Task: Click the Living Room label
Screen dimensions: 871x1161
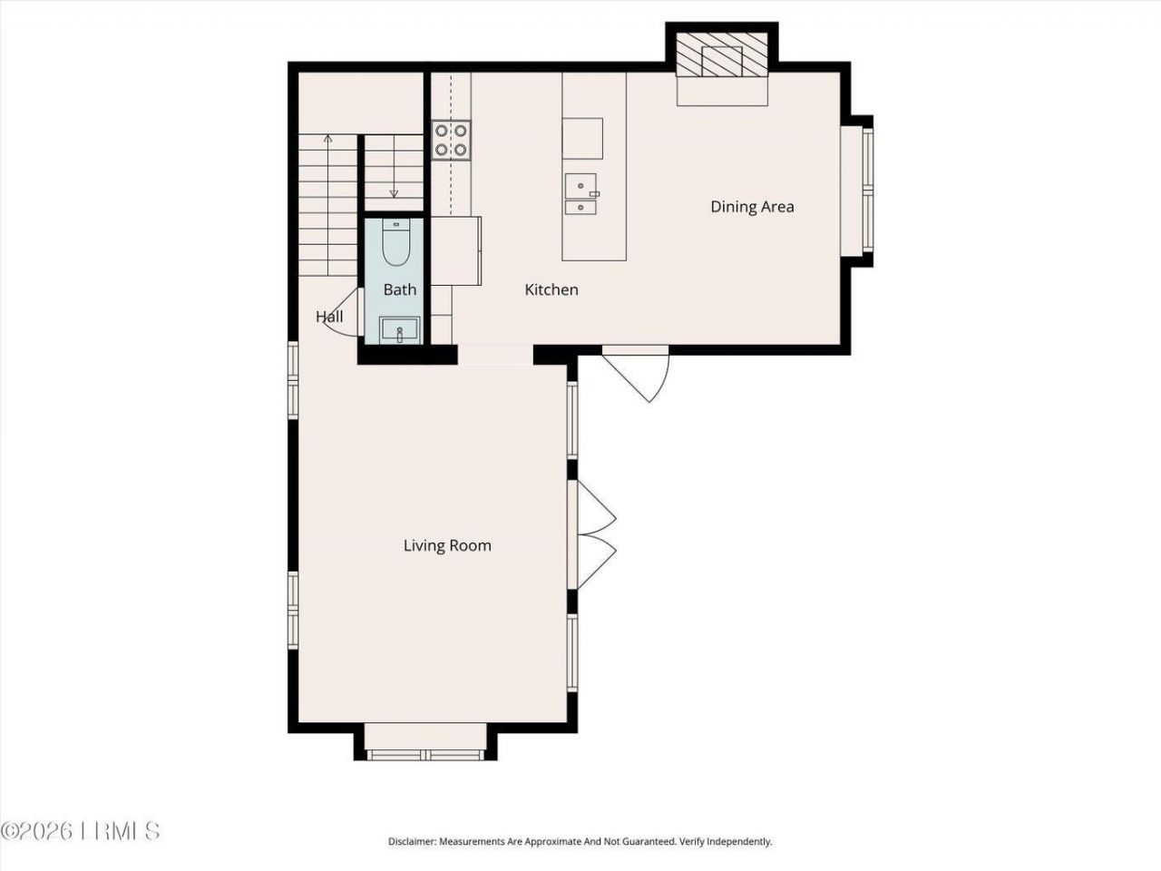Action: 447,545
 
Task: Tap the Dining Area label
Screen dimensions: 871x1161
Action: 752,207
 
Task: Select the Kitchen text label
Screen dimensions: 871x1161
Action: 551,289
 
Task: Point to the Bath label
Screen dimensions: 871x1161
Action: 399,289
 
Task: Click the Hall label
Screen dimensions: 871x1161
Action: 329,317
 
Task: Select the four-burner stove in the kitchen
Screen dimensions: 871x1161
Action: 451,140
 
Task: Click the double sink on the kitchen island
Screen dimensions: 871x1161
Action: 580,193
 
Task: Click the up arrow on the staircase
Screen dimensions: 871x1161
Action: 327,140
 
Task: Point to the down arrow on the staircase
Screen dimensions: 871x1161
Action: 394,192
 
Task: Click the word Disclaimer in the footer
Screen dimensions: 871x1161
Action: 412,842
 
